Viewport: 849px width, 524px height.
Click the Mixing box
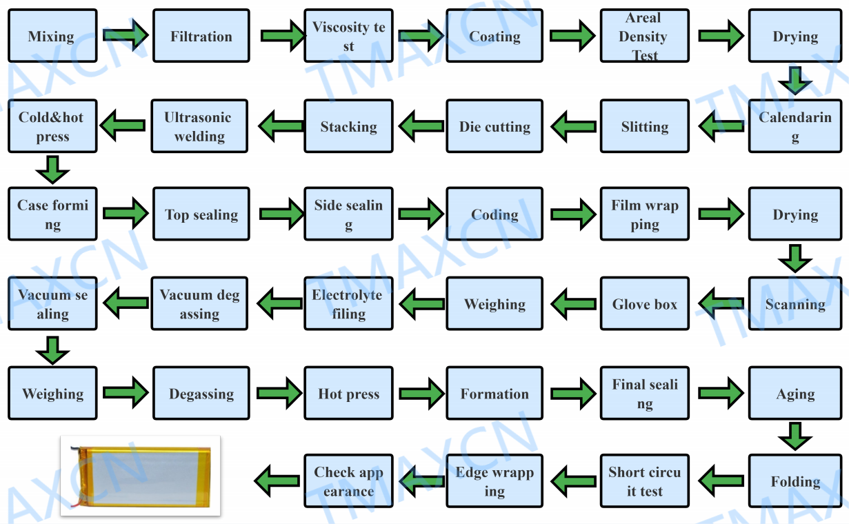pyautogui.click(x=52, y=37)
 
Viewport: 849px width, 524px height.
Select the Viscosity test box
pyautogui.click(x=348, y=37)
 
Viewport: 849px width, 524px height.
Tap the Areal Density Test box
pyautogui.click(x=644, y=37)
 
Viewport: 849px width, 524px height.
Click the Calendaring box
pyautogui.click(x=795, y=126)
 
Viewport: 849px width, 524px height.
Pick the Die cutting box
pyautogui.click(x=495, y=126)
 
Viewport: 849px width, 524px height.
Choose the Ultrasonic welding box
pyautogui.click(x=200, y=126)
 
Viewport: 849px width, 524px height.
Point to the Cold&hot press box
pyautogui.click(x=52, y=126)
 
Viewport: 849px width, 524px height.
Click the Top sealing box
pyautogui.click(x=201, y=214)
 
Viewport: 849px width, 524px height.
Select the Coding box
pyautogui.click(x=495, y=214)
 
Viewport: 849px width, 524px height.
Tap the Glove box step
pyautogui.click(x=644, y=304)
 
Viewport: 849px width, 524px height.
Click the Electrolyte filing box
pyautogui.click(x=348, y=304)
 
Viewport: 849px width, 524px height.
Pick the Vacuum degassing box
pyautogui.click(x=200, y=304)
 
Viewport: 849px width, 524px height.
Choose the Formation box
pyautogui.click(x=495, y=394)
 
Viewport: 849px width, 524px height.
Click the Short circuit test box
pyautogui.click(x=644, y=481)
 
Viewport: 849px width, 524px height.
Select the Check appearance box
pyautogui.click(x=348, y=481)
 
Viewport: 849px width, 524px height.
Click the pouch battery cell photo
pyautogui.click(x=141, y=475)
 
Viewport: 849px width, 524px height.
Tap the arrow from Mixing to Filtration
pyautogui.click(x=126, y=34)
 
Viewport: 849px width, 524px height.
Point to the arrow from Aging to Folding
pyautogui.click(x=795, y=436)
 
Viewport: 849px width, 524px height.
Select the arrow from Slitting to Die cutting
pyautogui.click(x=572, y=126)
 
